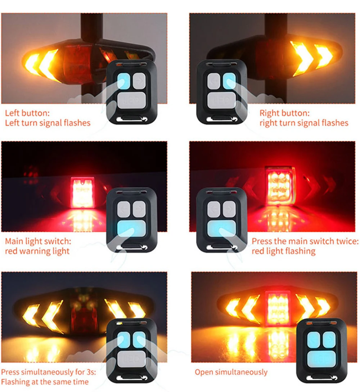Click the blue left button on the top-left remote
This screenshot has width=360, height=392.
(x=124, y=81)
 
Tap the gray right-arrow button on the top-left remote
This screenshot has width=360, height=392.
(x=139, y=81)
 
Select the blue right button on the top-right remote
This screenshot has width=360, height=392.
(x=229, y=81)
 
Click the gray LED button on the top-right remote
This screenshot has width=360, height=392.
(x=221, y=101)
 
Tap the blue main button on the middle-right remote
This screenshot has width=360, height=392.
(x=222, y=228)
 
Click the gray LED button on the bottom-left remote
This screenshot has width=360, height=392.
(x=131, y=359)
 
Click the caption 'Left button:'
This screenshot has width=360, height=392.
(x=27, y=113)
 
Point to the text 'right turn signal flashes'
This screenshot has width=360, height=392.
(x=304, y=123)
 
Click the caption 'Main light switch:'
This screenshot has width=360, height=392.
(x=38, y=241)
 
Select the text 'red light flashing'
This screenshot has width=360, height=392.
(x=284, y=251)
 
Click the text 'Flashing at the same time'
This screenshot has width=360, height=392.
(x=45, y=382)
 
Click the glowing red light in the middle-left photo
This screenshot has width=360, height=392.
(x=82, y=192)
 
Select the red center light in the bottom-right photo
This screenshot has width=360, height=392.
(x=278, y=308)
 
